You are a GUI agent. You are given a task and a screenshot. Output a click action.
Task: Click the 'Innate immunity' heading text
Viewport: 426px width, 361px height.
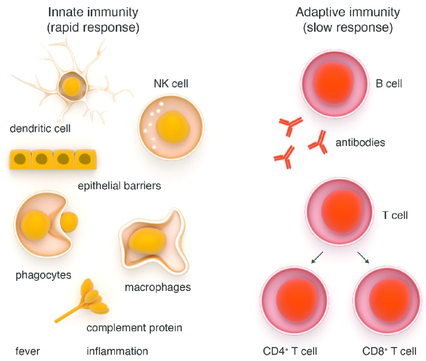[x=93, y=12]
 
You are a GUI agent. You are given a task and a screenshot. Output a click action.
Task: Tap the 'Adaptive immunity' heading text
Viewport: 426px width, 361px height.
[x=348, y=12]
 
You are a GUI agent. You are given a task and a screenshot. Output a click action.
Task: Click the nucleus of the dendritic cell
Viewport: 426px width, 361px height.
[x=72, y=85]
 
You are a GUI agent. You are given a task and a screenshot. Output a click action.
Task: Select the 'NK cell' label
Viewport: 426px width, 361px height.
[x=171, y=83]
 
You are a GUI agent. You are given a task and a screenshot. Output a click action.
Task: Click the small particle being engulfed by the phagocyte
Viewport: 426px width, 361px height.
[x=69, y=222]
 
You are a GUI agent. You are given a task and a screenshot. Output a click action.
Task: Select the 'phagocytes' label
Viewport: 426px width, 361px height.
[x=43, y=275]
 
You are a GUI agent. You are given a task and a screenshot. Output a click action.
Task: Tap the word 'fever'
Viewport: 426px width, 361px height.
[x=28, y=351]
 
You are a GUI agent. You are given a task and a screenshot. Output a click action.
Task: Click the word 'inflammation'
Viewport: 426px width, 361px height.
[x=117, y=351]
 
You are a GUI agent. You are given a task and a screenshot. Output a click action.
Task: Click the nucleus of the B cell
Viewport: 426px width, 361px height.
[x=333, y=83]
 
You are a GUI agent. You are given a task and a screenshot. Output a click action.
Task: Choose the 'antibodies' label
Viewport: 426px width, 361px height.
[x=360, y=142]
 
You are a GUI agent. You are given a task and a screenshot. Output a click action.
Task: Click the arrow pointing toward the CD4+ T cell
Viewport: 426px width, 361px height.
[x=317, y=258]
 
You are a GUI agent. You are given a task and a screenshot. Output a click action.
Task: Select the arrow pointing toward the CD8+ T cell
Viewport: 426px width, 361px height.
[x=363, y=258]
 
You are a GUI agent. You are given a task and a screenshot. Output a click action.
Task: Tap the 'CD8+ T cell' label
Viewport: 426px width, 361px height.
[x=389, y=351]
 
